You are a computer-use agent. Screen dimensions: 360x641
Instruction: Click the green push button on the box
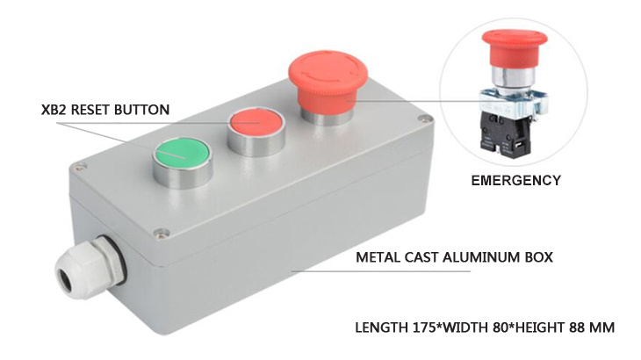pyautogui.click(x=183, y=155)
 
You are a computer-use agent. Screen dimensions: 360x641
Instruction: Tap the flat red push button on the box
pyautogui.click(x=256, y=126)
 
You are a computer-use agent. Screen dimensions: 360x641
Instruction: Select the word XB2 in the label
pyautogui.click(x=55, y=111)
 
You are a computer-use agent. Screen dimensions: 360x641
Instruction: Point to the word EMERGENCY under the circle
pyautogui.click(x=515, y=181)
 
